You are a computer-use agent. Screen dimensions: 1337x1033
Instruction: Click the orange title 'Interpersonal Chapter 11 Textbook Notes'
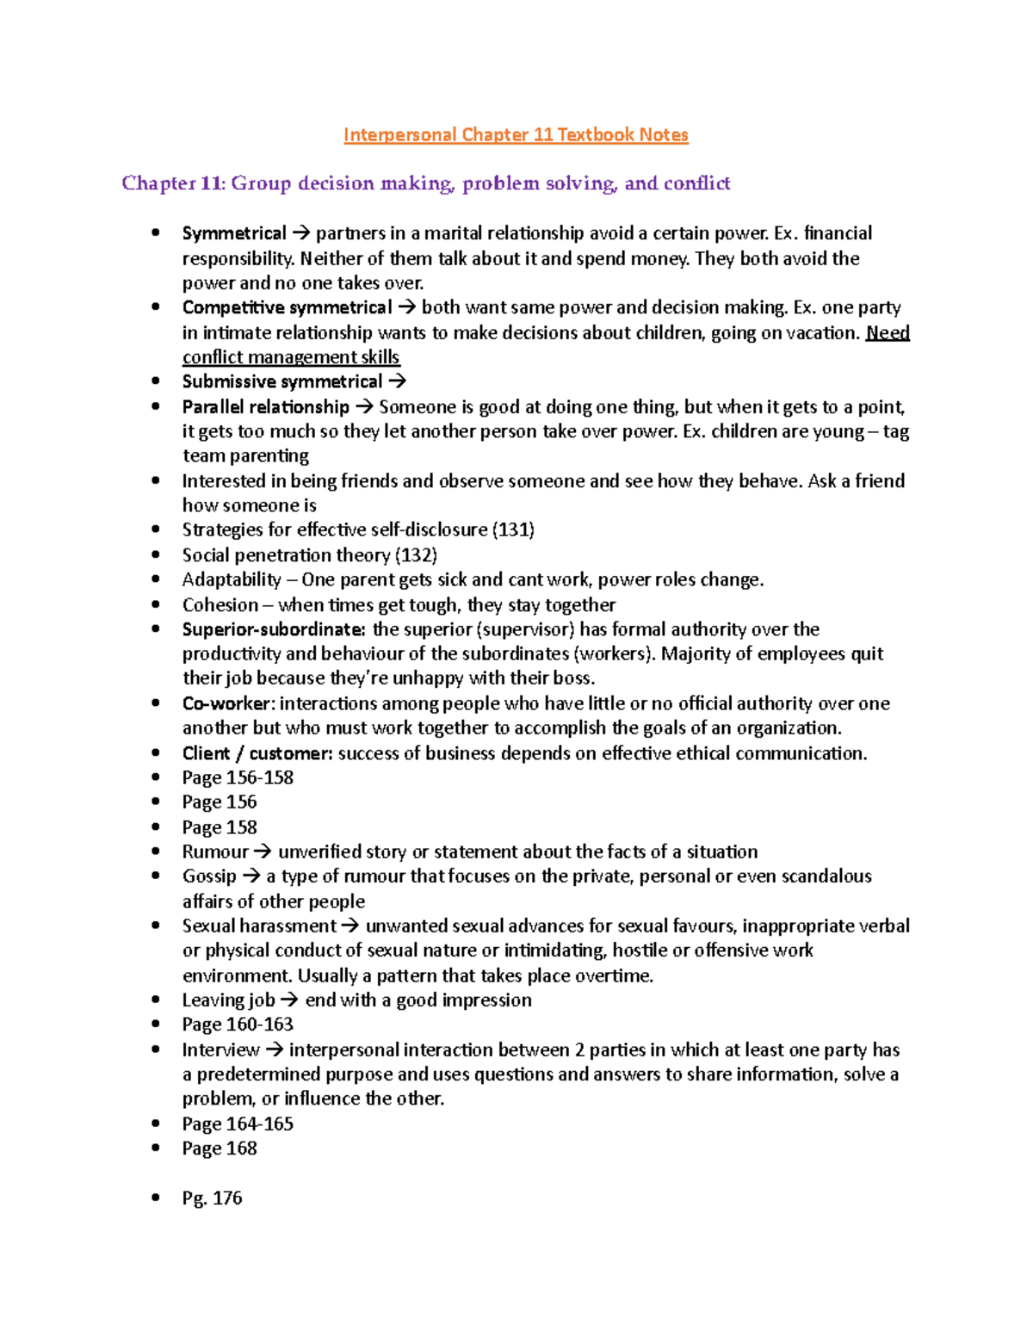click(x=516, y=135)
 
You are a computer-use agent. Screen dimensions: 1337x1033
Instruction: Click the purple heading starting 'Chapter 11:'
click(x=425, y=183)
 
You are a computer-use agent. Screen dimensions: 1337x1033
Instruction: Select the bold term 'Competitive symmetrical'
click(x=287, y=307)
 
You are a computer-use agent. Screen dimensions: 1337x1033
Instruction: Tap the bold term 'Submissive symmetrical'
click(x=281, y=381)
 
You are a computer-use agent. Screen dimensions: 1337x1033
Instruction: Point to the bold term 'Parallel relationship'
click(x=265, y=406)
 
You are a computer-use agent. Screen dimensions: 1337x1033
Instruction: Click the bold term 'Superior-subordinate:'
click(x=274, y=629)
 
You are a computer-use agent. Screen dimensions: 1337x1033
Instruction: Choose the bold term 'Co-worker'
click(x=227, y=703)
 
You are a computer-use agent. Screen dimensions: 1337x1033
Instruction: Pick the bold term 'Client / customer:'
click(x=257, y=753)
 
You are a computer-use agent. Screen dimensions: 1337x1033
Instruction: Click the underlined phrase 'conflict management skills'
click(x=291, y=357)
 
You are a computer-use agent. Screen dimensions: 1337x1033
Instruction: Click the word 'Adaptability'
click(x=232, y=579)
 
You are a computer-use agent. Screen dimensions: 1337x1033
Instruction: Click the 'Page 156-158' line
click(x=238, y=777)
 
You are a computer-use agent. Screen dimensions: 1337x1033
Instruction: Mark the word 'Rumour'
click(x=215, y=851)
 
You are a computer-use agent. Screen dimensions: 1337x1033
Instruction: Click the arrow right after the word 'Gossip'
click(x=251, y=876)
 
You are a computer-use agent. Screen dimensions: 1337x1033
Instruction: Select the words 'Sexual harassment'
click(x=259, y=925)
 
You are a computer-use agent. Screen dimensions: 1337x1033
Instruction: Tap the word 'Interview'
click(x=220, y=1049)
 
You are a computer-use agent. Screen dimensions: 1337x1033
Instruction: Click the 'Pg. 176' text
click(x=212, y=1198)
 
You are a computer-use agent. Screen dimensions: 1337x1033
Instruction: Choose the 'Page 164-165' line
click(x=238, y=1123)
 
